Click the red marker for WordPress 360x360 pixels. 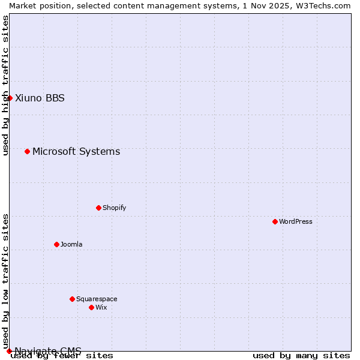[x=275, y=221]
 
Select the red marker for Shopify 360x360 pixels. [x=98, y=208]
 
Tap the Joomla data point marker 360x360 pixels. [x=56, y=244]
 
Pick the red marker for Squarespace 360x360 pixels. [x=72, y=299]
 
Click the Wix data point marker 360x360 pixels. [x=91, y=307]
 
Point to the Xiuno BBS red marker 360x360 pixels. [x=10, y=98]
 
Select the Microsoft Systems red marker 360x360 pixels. [x=27, y=151]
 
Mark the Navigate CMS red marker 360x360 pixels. [x=9, y=350]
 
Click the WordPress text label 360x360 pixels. [x=296, y=221]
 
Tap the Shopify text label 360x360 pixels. [x=114, y=208]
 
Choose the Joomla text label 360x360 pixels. [x=71, y=244]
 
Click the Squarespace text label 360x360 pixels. [x=97, y=299]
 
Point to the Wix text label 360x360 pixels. [x=101, y=307]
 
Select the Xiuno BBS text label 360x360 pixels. [x=40, y=98]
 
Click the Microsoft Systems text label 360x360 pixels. [x=76, y=152]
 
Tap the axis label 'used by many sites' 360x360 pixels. [x=301, y=355]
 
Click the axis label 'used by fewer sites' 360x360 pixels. [x=62, y=355]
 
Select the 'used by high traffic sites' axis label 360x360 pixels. [x=5, y=85]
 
